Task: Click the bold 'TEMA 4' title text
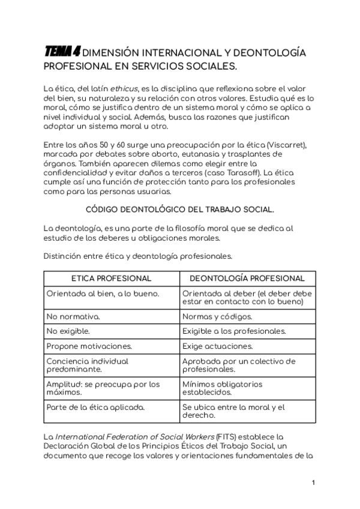point(62,52)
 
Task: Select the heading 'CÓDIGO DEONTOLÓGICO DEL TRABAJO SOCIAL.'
point(180,209)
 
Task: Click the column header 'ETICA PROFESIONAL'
point(112,279)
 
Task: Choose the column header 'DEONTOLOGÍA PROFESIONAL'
point(247,279)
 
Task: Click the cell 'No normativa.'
point(73,316)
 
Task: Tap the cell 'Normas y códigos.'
point(217,316)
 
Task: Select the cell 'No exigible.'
point(68,331)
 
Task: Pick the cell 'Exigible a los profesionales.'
point(234,331)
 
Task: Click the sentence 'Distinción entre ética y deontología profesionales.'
point(137,256)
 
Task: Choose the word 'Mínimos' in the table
point(198,384)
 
